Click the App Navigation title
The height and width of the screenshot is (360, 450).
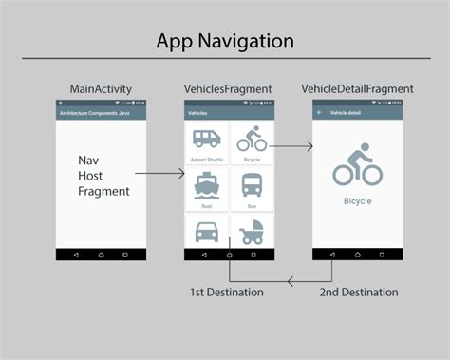point(225,42)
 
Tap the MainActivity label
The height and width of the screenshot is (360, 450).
point(101,89)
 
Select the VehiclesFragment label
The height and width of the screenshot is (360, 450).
point(228,89)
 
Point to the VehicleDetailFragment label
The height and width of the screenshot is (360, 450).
point(357,89)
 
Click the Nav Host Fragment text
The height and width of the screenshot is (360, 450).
point(103,176)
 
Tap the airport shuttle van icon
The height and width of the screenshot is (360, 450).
point(206,140)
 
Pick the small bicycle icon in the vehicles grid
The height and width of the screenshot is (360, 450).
point(252,140)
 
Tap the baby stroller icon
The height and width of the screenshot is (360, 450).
point(252,233)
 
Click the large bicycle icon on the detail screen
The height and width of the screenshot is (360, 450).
point(357,165)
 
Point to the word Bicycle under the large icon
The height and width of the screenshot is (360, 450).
point(357,201)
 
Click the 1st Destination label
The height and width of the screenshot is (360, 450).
point(227,292)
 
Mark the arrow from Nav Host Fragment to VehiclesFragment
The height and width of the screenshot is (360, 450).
point(159,174)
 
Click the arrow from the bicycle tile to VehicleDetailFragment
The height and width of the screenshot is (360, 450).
point(292,146)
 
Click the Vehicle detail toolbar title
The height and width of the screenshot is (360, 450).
point(345,112)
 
